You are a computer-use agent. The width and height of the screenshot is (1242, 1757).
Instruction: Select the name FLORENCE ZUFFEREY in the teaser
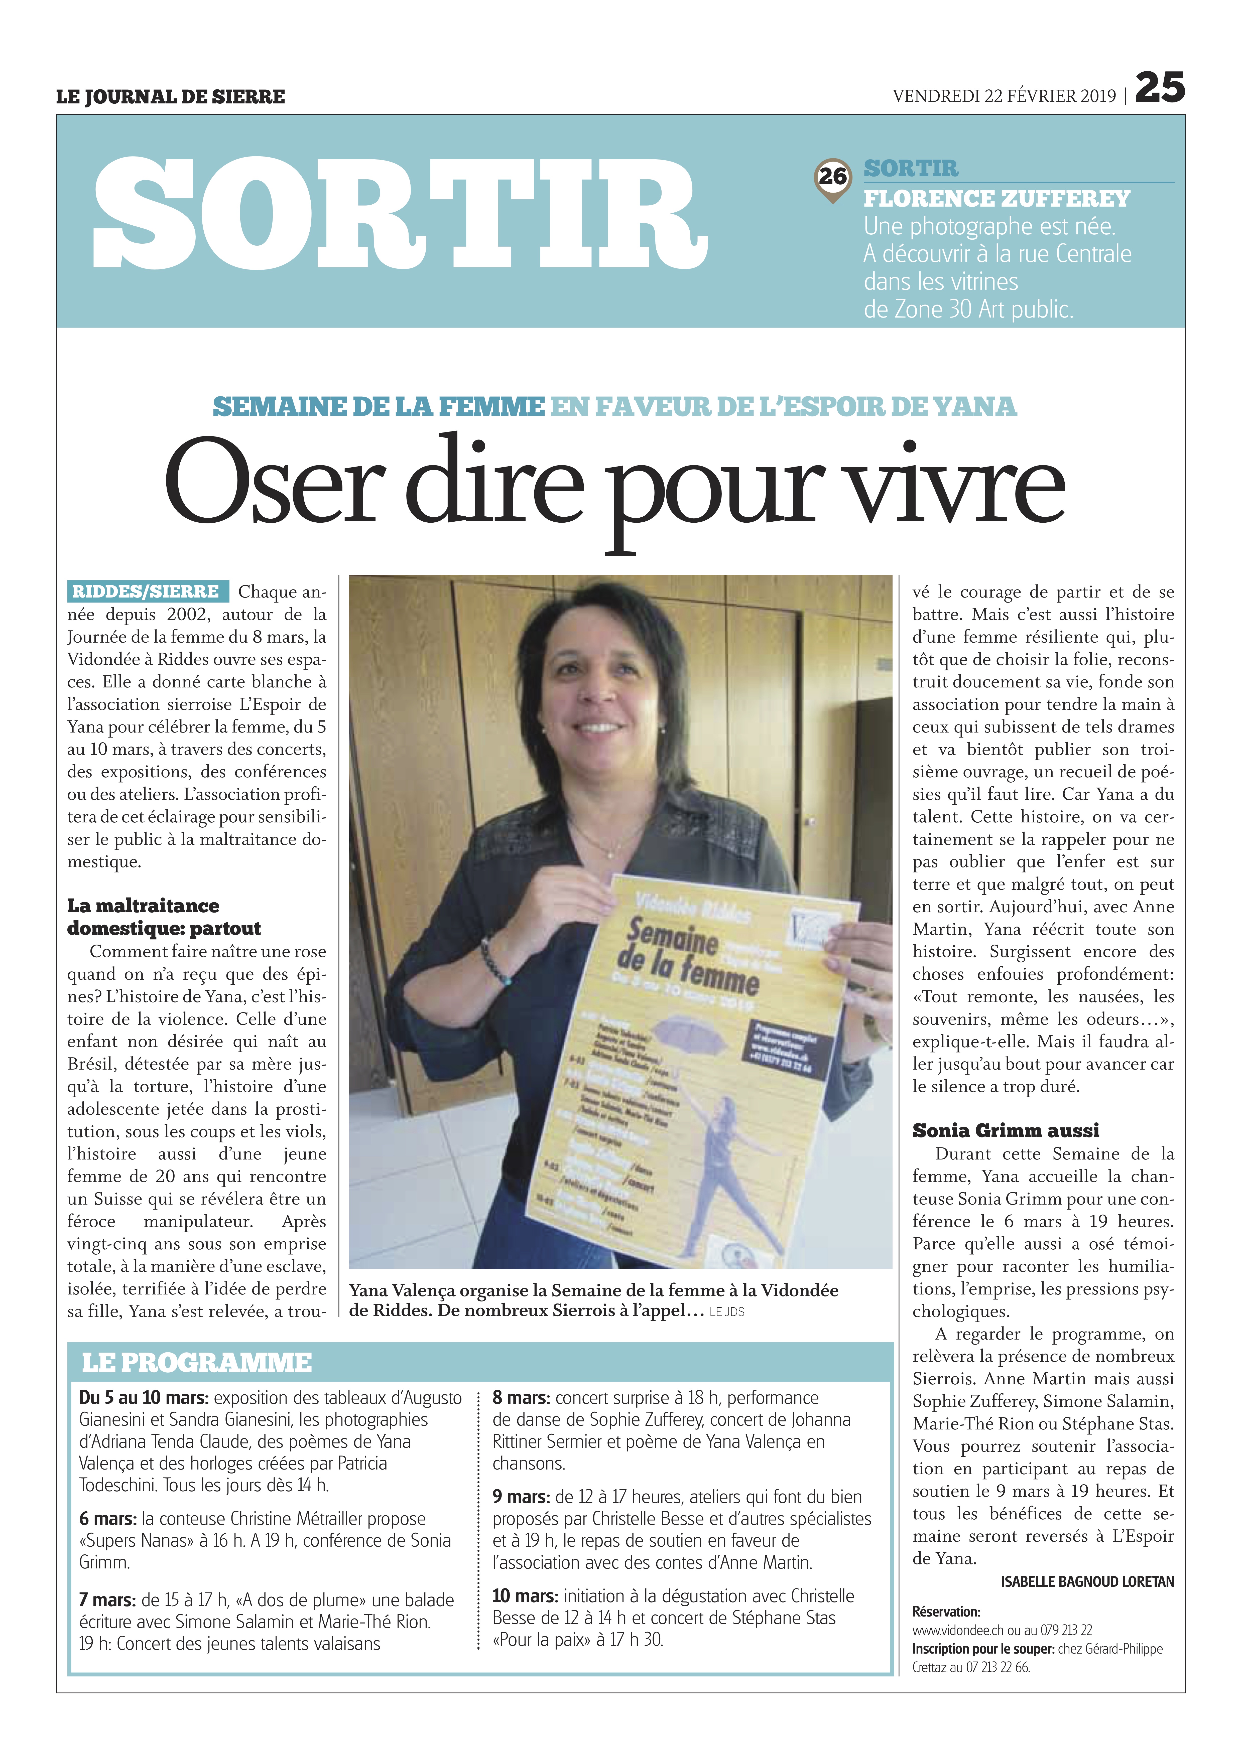click(x=996, y=199)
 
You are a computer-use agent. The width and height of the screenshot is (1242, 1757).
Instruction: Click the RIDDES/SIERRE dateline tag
click(x=146, y=592)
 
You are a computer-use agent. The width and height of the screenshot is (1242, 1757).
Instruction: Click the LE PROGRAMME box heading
click(x=197, y=1362)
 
